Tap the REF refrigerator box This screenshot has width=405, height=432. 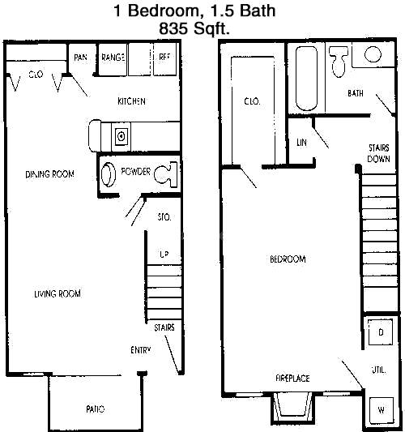(x=164, y=57)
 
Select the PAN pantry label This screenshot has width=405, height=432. (x=81, y=57)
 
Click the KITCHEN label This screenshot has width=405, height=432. (x=131, y=101)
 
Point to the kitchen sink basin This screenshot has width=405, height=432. (x=122, y=135)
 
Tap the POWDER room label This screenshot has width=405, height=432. (x=134, y=172)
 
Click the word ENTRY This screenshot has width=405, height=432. (x=141, y=350)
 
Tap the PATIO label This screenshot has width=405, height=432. (x=96, y=408)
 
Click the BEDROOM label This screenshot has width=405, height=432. (x=288, y=259)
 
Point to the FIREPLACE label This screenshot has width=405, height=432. (x=292, y=378)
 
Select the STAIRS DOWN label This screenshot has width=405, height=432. (x=379, y=153)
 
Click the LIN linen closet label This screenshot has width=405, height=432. (x=302, y=142)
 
